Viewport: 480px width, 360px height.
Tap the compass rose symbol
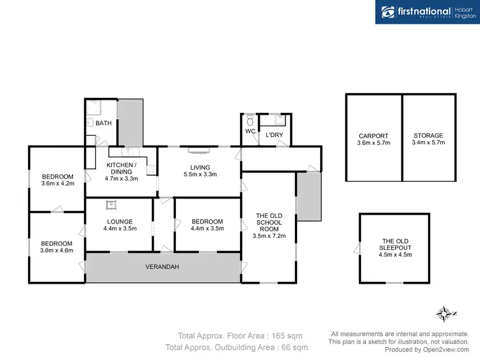click(444, 314)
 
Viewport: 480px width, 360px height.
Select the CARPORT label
click(374, 136)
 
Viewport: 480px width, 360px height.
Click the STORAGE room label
click(428, 136)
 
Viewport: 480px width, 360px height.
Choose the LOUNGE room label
click(120, 222)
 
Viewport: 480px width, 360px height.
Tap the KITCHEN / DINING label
click(121, 169)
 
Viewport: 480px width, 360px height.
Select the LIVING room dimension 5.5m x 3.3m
click(200, 174)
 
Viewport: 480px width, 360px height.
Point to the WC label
click(250, 131)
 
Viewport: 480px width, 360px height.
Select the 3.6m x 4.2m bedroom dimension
click(58, 184)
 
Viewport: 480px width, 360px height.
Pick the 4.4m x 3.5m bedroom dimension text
click(207, 229)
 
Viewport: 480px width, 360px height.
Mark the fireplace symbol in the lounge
click(111, 205)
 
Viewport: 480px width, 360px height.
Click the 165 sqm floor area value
click(287, 336)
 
